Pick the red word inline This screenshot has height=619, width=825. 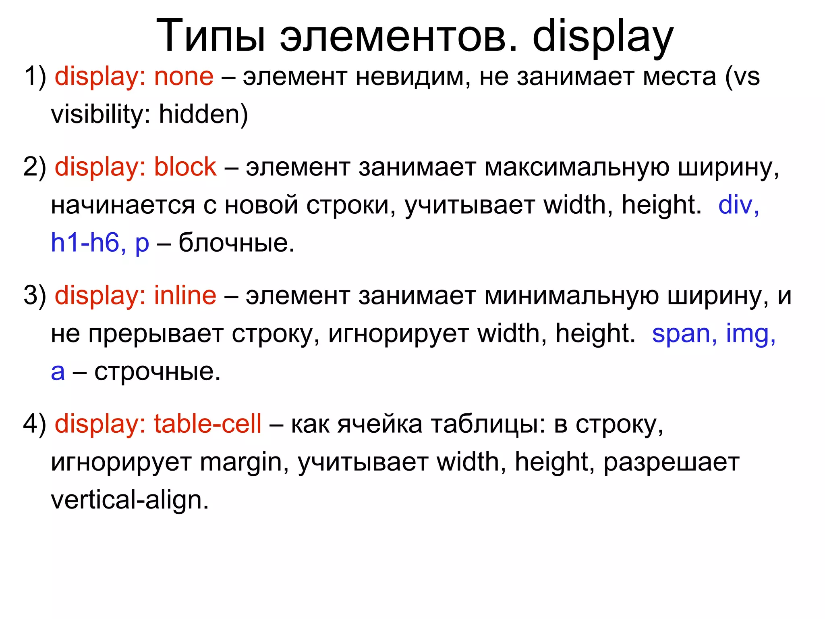[x=185, y=295]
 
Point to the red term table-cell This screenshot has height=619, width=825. [x=207, y=424]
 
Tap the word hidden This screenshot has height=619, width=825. [x=200, y=114]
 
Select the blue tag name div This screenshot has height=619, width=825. [x=735, y=204]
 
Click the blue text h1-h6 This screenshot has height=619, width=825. [x=85, y=243]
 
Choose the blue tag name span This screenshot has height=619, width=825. [x=681, y=333]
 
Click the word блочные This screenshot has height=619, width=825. [x=236, y=243]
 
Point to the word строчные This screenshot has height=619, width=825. [x=157, y=371]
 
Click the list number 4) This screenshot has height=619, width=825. [x=35, y=424]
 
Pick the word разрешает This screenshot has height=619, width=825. [x=671, y=462]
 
